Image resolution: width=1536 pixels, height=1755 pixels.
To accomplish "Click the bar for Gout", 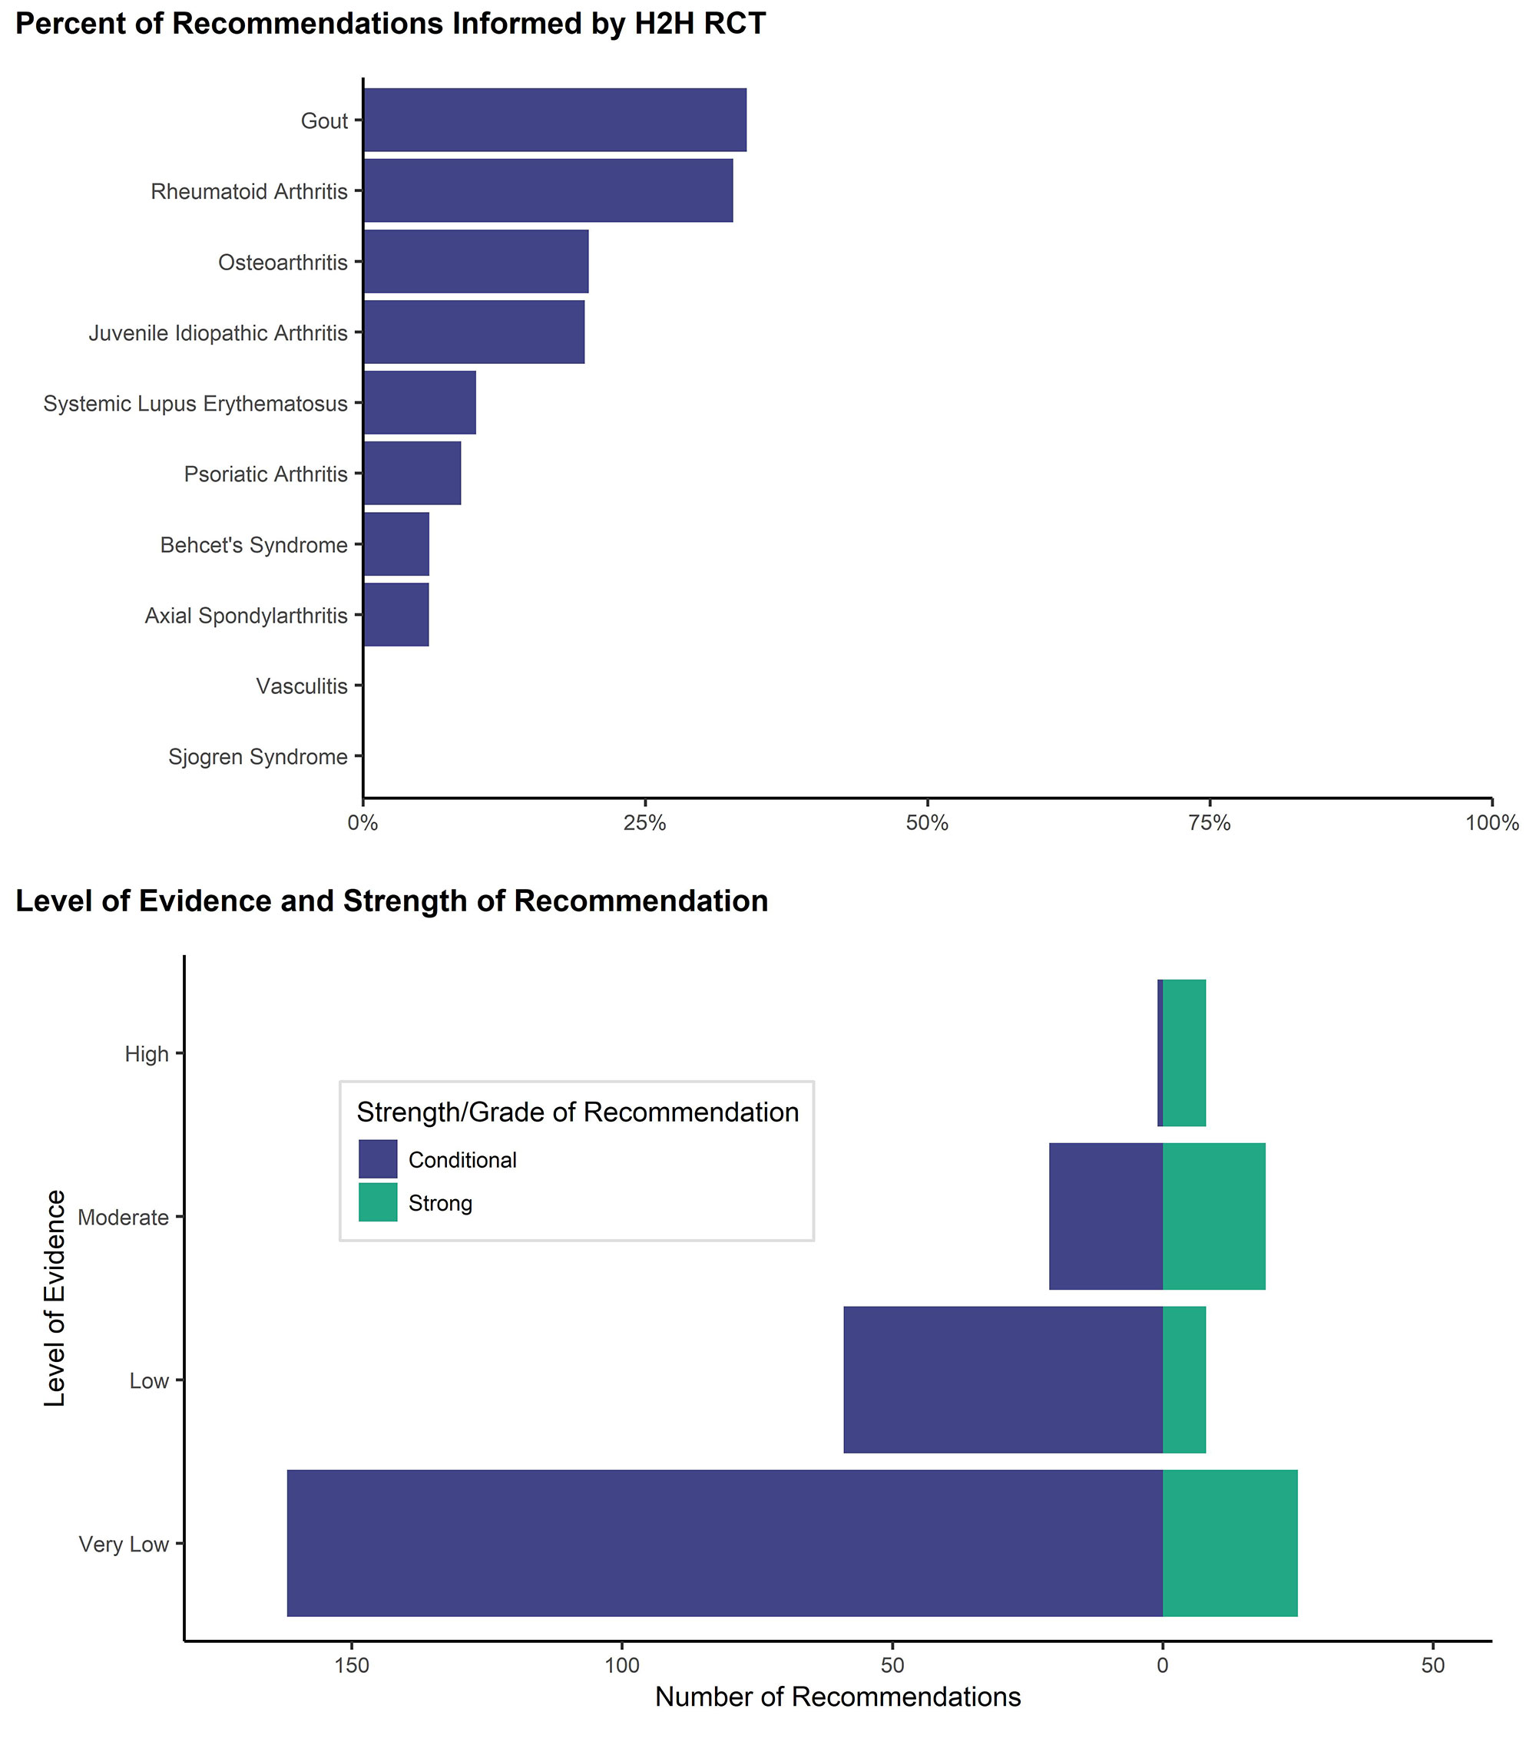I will pyautogui.click(x=554, y=120).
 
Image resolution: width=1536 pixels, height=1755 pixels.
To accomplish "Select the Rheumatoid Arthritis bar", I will pyautogui.click(x=548, y=190).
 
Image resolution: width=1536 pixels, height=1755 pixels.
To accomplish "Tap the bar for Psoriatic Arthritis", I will pyautogui.click(x=412, y=473).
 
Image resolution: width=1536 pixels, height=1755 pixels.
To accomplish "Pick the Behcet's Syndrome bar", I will pyautogui.click(x=396, y=544).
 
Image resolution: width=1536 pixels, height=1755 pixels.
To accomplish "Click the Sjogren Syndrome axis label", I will pyautogui.click(x=258, y=757).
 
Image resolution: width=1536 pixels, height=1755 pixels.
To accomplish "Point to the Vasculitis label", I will pyautogui.click(x=302, y=686).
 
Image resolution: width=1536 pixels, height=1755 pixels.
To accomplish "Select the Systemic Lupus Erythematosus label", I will pyautogui.click(x=195, y=404).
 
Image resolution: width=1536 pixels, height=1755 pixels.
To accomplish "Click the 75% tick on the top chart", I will pyautogui.click(x=1210, y=824).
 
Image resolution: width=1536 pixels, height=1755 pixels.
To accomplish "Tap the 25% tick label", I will pyautogui.click(x=644, y=824).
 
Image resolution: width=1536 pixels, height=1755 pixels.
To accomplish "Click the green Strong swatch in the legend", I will pyautogui.click(x=378, y=1203).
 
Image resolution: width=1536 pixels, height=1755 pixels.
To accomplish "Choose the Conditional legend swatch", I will pyautogui.click(x=378, y=1159).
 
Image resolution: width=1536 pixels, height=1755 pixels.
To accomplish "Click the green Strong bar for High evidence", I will pyautogui.click(x=1184, y=1053).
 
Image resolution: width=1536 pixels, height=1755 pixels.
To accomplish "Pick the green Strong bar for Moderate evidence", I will pyautogui.click(x=1213, y=1216).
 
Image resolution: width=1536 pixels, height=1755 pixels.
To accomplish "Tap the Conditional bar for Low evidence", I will pyautogui.click(x=1003, y=1380).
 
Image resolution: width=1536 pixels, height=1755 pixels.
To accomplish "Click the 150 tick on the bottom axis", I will pyautogui.click(x=352, y=1665).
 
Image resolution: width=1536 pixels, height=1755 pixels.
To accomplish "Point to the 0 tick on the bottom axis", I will pyautogui.click(x=1162, y=1665).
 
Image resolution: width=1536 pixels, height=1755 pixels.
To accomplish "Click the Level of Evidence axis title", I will pyautogui.click(x=55, y=1298).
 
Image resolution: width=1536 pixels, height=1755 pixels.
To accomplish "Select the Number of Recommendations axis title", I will pyautogui.click(x=837, y=1697).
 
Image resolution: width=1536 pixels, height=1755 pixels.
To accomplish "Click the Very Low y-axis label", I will pyautogui.click(x=124, y=1544).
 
